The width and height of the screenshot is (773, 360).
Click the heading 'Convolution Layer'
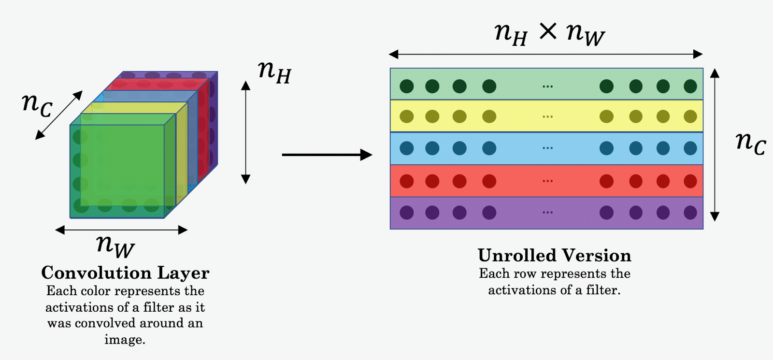(125, 273)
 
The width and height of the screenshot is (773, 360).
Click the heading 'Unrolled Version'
(554, 256)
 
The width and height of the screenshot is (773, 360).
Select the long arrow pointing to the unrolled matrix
(327, 155)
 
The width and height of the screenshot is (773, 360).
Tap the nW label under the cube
(115, 245)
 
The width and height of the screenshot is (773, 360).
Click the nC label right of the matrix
(750, 143)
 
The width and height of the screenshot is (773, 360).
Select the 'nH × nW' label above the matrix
(549, 34)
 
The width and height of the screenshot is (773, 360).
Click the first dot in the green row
(407, 86)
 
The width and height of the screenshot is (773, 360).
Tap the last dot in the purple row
(690, 213)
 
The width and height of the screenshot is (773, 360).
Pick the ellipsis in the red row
(547, 181)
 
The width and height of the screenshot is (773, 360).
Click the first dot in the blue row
(407, 148)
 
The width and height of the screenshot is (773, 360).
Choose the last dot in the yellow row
(690, 116)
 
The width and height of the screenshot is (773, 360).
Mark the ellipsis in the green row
(547, 86)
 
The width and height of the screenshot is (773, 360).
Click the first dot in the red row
(407, 181)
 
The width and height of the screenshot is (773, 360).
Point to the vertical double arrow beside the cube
(246, 132)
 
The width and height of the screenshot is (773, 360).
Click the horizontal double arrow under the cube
(121, 230)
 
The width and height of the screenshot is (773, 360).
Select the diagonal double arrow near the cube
(59, 115)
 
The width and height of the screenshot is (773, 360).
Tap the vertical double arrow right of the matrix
(715, 144)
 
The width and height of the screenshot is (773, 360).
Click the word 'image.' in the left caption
(125, 340)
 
